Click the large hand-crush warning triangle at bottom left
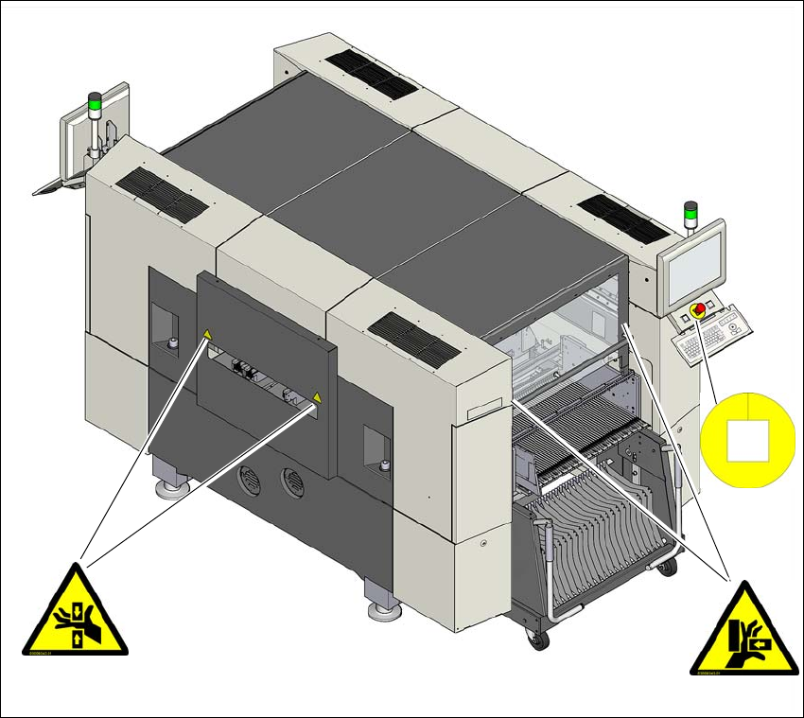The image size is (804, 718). point(75,613)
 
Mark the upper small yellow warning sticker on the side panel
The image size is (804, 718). point(206,333)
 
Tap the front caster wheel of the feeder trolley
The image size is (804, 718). point(537,639)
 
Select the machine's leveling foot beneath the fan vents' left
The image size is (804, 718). point(171,486)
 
